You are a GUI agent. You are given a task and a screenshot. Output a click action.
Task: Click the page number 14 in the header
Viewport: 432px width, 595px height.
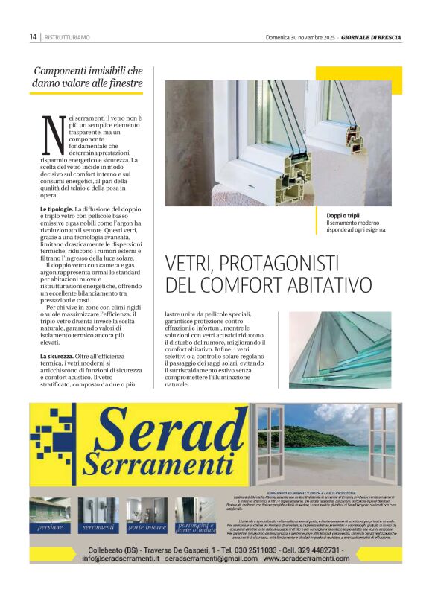tap(34, 36)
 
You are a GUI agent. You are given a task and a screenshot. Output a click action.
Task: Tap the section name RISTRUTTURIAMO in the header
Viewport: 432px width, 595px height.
tap(68, 36)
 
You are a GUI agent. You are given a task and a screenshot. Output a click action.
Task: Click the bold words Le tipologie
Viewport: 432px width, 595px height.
tap(56, 209)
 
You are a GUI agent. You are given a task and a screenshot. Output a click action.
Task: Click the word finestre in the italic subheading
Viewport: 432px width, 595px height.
tap(123, 84)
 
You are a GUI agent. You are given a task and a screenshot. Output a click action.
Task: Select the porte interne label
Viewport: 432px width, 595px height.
tap(147, 527)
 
